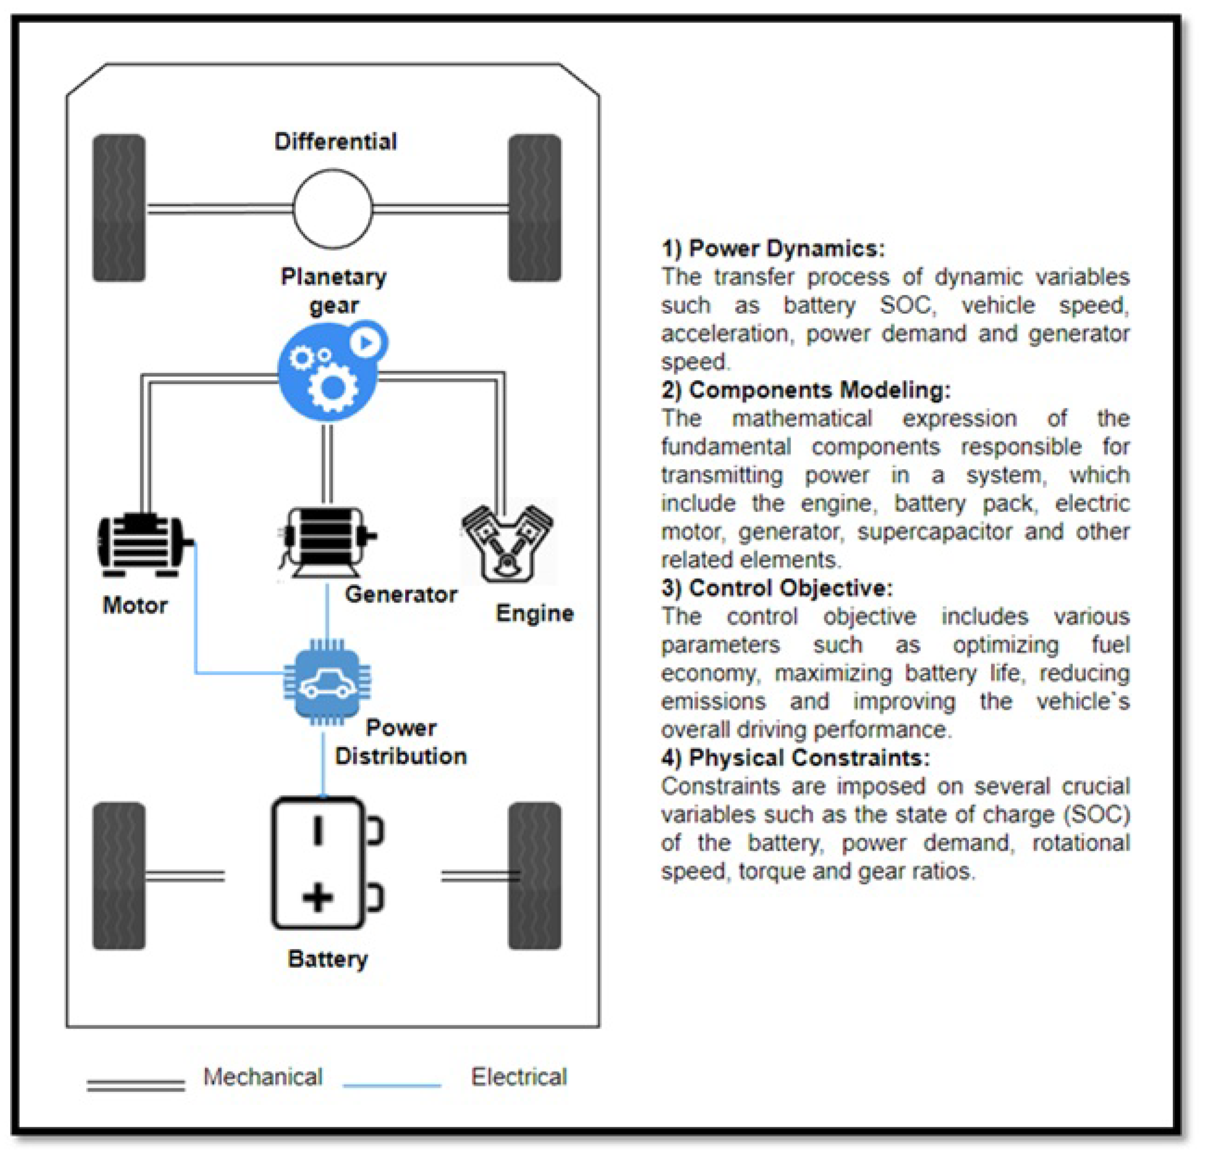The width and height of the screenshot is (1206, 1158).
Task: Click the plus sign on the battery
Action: coord(318,897)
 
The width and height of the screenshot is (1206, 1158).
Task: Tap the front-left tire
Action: coord(119,208)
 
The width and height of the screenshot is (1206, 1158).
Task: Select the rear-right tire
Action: coord(534,876)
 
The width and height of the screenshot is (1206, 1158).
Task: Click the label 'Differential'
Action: coord(335,141)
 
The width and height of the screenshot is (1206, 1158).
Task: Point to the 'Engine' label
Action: coord(534,613)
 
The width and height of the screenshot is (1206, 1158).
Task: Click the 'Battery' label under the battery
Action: coord(327,959)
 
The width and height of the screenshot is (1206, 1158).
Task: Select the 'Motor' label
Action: coord(135,605)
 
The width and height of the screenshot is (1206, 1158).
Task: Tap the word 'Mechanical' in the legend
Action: coord(263,1077)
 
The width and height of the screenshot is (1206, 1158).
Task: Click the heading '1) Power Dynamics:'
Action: coord(773,249)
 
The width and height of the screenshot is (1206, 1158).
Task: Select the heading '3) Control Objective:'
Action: coord(777,588)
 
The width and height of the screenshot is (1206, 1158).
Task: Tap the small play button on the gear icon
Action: coord(367,342)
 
